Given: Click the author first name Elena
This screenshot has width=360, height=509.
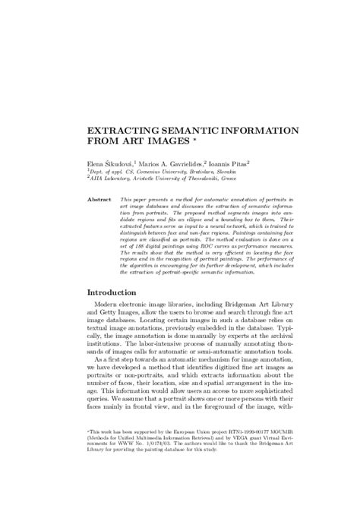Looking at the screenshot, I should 96,162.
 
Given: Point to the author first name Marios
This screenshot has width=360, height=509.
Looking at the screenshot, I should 150,162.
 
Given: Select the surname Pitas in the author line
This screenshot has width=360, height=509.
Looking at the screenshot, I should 245,162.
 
